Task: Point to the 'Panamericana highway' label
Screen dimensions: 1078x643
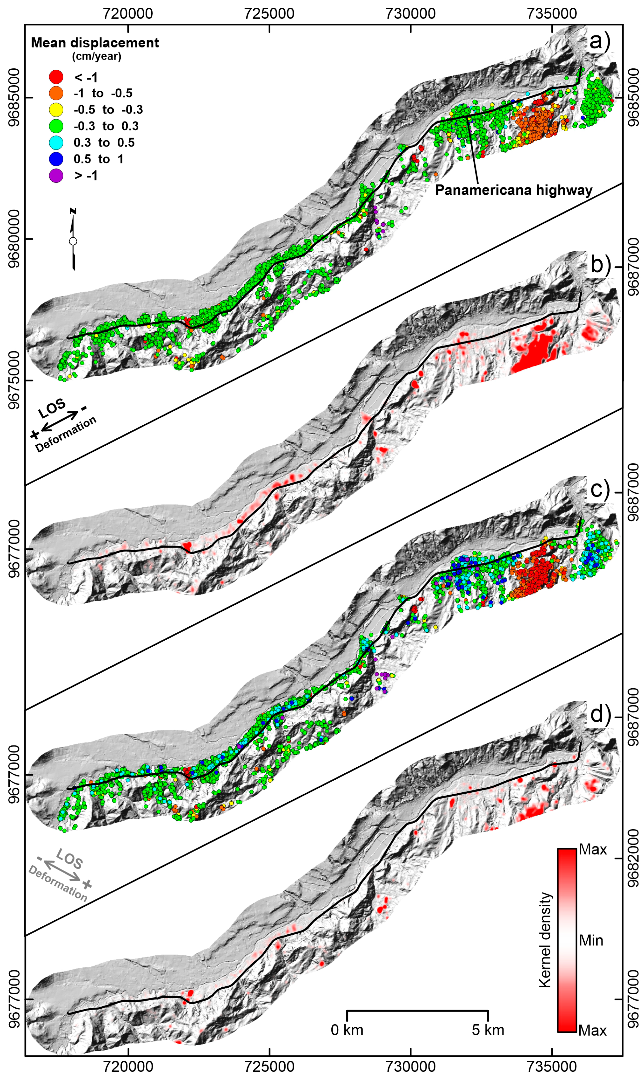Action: tap(513, 190)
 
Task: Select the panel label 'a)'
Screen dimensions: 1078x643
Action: tap(599, 42)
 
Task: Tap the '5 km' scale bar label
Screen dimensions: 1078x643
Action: tap(488, 1030)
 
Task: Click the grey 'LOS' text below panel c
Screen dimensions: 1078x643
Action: tap(69, 858)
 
